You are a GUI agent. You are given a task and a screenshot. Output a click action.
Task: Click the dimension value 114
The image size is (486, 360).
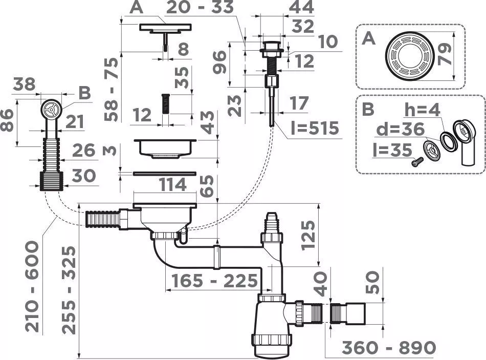[172, 185]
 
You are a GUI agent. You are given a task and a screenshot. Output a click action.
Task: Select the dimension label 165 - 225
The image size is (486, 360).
[214, 281]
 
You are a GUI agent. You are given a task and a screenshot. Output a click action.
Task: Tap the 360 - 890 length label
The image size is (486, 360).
[389, 348]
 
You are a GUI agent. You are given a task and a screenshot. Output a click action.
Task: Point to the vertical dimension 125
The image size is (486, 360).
[308, 235]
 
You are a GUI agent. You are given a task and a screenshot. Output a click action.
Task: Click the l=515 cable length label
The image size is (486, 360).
[315, 128]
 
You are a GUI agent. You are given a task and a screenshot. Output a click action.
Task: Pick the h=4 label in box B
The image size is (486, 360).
[422, 110]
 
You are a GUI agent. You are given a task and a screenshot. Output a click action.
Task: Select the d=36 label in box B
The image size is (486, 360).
[400, 129]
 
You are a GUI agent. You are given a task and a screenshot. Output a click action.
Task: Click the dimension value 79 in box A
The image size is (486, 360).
[445, 54]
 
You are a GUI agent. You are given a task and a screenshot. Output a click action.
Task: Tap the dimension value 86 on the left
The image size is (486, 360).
[8, 120]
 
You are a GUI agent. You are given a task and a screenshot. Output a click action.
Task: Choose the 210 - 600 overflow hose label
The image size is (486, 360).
[32, 287]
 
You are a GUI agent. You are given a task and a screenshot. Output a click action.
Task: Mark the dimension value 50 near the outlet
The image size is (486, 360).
[372, 283]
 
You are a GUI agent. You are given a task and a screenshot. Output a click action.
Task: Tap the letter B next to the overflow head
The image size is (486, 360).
[84, 93]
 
